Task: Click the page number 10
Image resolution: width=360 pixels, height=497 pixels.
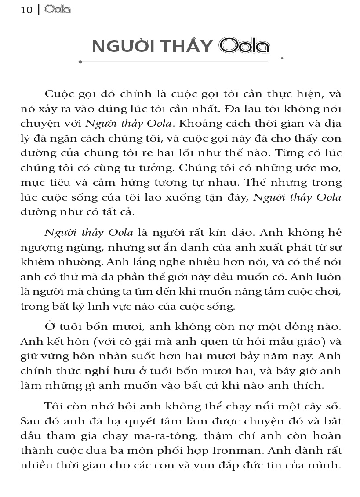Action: coord(26,10)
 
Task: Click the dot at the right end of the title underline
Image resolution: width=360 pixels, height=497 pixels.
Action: coord(282,58)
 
